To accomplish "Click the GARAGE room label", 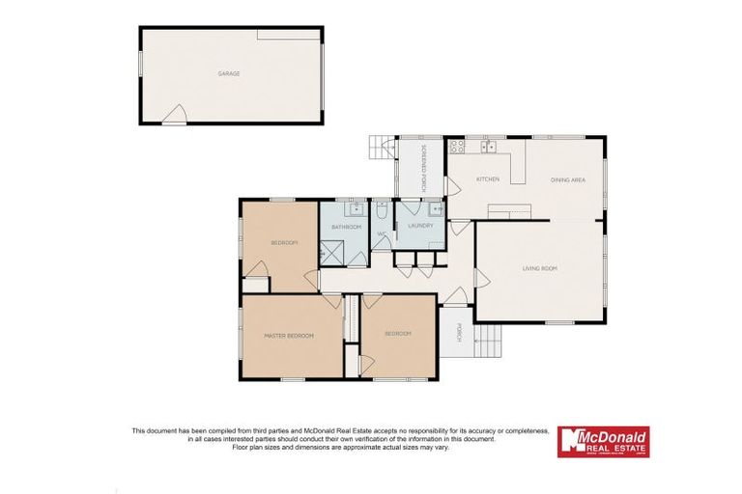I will pos(229,73).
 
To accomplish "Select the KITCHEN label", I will pos(487,180).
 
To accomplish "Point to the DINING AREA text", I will pos(567,180).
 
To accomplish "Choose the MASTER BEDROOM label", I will pos(290,336).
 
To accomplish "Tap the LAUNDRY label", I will pos(419,226).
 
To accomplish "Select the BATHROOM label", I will pos(346,227).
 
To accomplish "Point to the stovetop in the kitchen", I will pos(457,148).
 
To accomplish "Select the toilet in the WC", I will pos(383,207).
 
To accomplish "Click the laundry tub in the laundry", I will pos(435,208).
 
